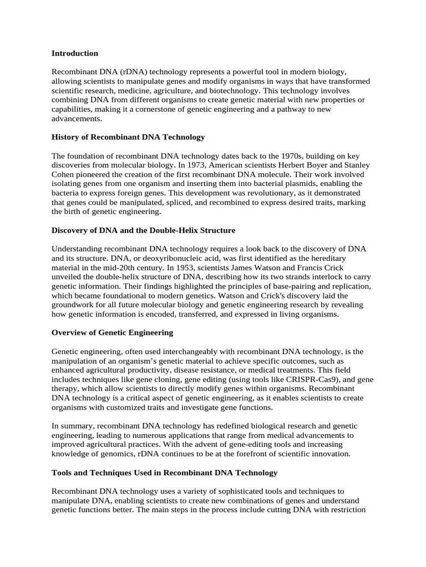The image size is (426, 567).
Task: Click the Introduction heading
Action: point(74,53)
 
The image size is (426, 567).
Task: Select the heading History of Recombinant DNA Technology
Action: point(128,137)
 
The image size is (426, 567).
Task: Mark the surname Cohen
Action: point(63,174)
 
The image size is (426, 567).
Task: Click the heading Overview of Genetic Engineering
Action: point(112,333)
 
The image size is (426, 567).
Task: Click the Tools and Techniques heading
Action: point(164,473)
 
